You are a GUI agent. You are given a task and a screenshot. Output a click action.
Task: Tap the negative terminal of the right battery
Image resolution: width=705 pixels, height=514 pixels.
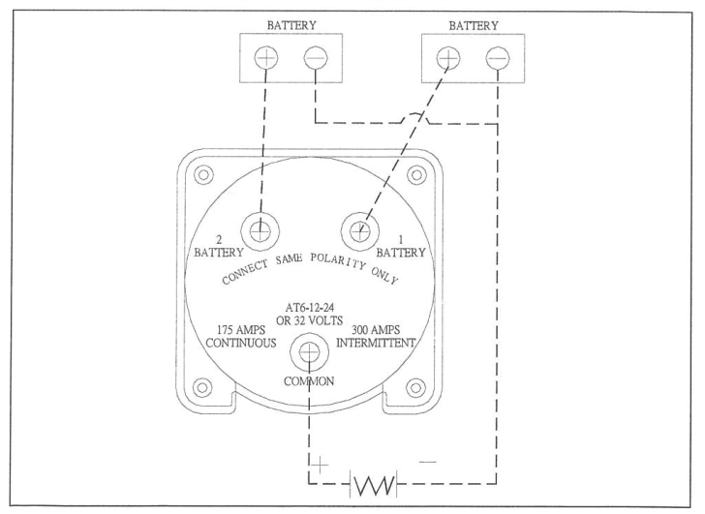498,57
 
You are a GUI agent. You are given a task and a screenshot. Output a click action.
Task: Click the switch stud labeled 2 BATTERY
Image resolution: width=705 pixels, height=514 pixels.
259,230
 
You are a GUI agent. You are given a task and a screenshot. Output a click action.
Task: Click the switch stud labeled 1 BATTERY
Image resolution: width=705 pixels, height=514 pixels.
358,230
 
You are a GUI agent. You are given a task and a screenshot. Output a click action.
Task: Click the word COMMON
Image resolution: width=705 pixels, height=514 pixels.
309,380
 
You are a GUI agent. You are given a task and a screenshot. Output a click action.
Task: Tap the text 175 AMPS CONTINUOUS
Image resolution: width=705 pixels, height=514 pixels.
242,336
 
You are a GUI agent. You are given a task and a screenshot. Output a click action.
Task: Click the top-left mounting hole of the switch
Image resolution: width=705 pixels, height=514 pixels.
202,175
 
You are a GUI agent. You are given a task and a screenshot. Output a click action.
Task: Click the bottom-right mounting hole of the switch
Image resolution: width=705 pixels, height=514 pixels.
416,387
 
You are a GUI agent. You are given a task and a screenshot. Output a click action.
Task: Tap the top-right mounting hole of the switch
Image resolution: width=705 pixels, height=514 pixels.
416,175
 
